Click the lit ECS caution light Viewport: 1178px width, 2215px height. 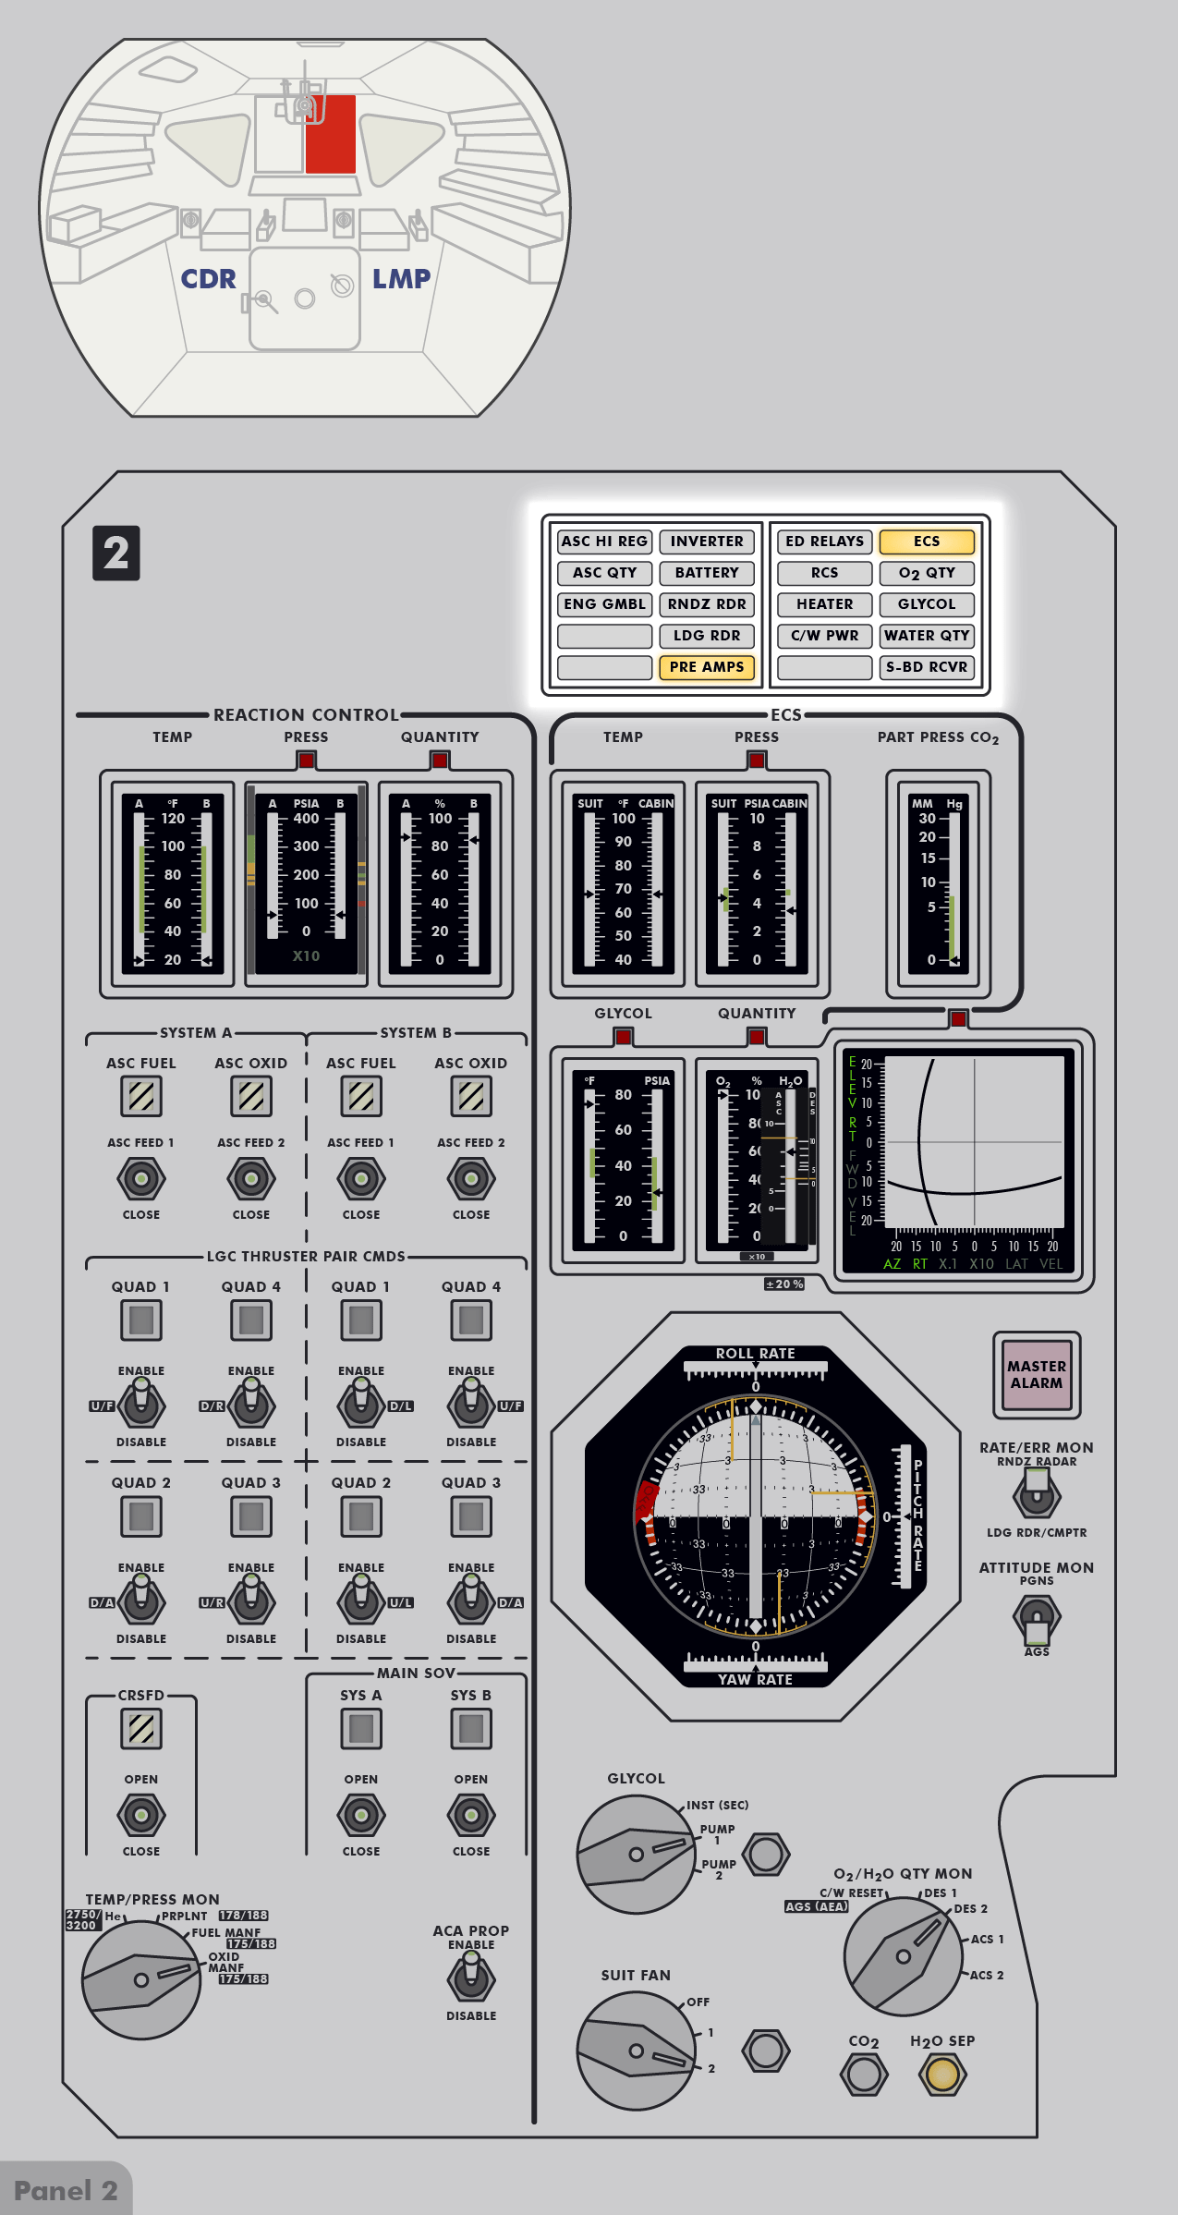tap(926, 542)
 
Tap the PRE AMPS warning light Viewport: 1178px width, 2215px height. tap(706, 667)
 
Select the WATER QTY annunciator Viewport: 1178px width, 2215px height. tap(926, 636)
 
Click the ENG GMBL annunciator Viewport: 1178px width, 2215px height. tap(604, 604)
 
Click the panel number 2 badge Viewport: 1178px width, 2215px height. tap(115, 554)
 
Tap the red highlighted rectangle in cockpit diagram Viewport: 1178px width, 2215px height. tap(331, 134)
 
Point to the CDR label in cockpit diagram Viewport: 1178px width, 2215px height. tap(208, 279)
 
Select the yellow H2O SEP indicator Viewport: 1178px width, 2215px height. tap(942, 2074)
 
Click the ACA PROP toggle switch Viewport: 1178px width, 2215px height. tap(471, 1979)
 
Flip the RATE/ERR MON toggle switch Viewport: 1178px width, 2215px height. tap(1037, 1494)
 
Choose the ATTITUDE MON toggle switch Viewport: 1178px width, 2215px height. tap(1037, 1617)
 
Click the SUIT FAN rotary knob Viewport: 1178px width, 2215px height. tap(636, 2050)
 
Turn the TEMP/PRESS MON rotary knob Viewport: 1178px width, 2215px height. tap(141, 1979)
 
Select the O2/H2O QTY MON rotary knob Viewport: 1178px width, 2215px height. tap(903, 1955)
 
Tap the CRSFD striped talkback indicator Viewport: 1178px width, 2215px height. tap(141, 1729)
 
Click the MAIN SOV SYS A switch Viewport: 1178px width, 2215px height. tap(361, 1815)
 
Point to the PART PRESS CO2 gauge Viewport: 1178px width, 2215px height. tap(939, 883)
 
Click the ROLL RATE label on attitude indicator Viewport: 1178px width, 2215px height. tap(755, 1354)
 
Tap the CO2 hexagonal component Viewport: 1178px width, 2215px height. tap(864, 2074)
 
